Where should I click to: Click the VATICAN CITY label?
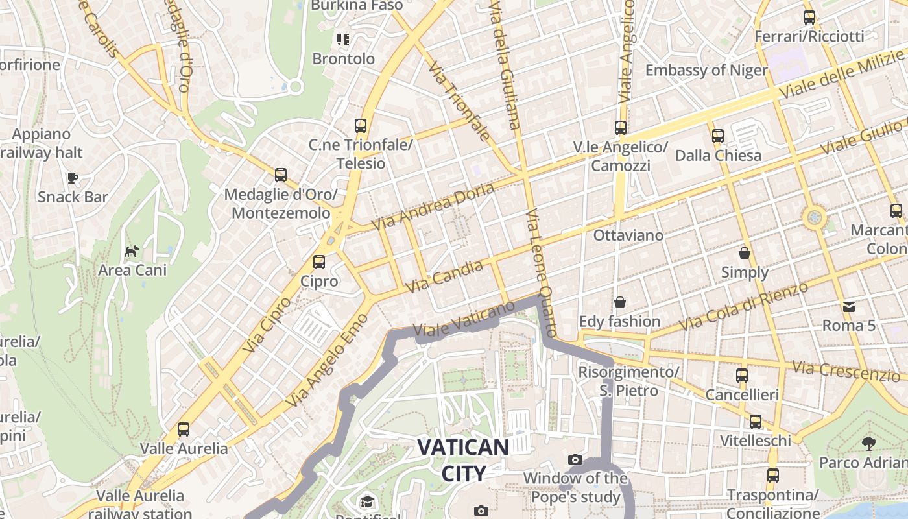(x=463, y=460)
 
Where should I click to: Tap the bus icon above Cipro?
(x=319, y=262)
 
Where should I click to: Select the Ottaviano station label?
(x=628, y=235)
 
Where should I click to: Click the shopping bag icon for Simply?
(x=745, y=253)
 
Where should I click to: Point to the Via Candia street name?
(x=444, y=276)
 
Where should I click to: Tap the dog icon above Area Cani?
(x=132, y=251)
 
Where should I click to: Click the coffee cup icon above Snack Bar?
(x=73, y=178)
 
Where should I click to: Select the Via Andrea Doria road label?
(x=433, y=206)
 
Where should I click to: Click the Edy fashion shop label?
(x=619, y=321)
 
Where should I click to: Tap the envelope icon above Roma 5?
(x=849, y=306)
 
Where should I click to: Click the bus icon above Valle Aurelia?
(x=184, y=429)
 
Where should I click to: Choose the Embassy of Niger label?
(x=706, y=70)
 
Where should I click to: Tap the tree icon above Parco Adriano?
(x=869, y=444)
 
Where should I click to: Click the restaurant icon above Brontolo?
(x=343, y=40)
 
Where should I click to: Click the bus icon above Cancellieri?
(x=742, y=375)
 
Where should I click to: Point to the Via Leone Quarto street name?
(x=541, y=272)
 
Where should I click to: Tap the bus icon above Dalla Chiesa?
(x=718, y=136)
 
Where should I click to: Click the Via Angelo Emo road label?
(x=327, y=361)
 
